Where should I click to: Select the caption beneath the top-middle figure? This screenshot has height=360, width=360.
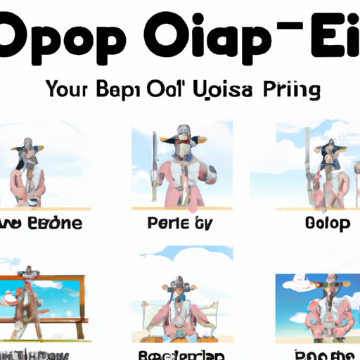(181, 224)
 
